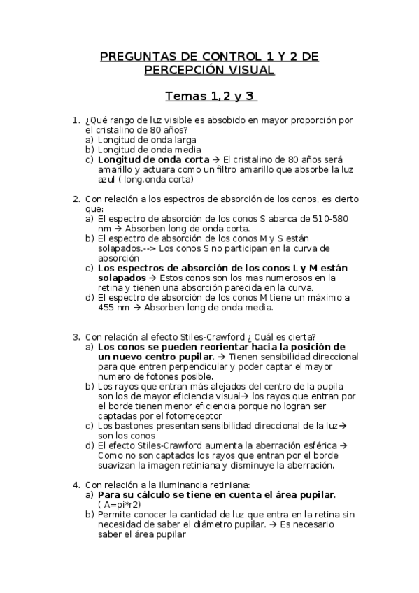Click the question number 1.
[x=76, y=120]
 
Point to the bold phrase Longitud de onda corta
[x=150, y=159]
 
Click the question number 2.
[x=76, y=199]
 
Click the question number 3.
[x=76, y=336]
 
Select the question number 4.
[x=76, y=485]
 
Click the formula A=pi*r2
[x=122, y=504]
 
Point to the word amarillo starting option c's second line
[x=115, y=169]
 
